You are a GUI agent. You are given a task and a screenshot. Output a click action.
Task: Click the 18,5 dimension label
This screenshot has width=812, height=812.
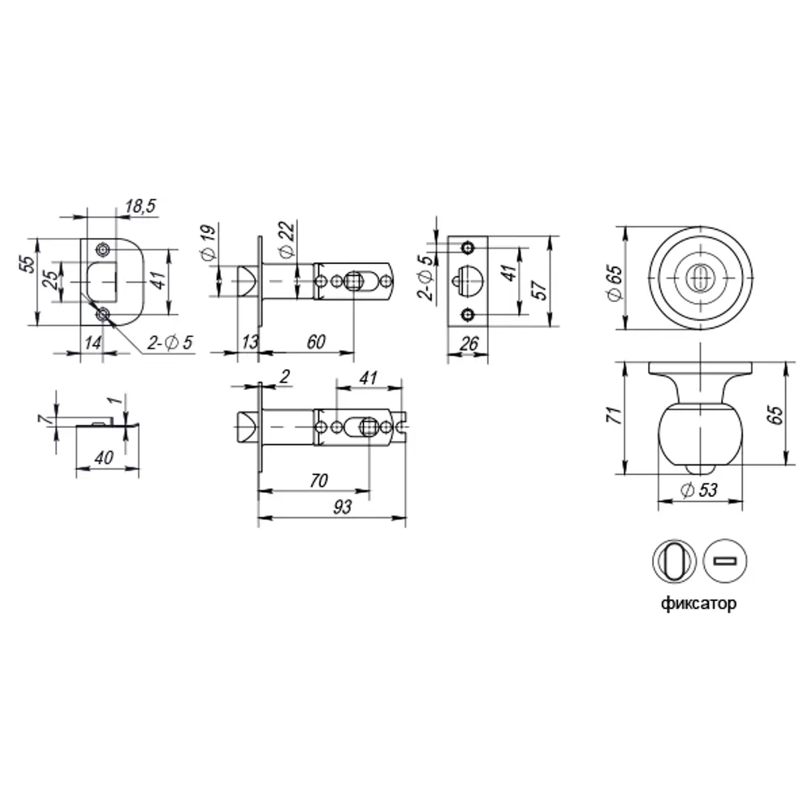click(140, 208)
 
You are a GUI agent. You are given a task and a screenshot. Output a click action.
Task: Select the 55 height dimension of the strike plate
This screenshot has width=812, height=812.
click(28, 266)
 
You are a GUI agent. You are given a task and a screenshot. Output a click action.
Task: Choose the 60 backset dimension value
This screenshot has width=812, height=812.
click(317, 342)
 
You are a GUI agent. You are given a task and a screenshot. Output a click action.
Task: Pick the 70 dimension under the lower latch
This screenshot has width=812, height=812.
click(318, 481)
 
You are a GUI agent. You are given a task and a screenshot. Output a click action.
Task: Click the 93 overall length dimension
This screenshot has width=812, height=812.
click(342, 508)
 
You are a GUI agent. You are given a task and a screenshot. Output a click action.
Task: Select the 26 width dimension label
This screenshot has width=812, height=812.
click(468, 343)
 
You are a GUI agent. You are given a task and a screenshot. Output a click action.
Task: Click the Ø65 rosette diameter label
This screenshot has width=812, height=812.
click(615, 283)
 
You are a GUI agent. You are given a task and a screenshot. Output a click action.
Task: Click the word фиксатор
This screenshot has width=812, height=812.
click(699, 605)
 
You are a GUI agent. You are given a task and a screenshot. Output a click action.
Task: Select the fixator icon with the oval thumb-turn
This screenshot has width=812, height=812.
click(674, 561)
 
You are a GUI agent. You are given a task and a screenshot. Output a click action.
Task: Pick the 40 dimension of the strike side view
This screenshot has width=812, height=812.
click(103, 457)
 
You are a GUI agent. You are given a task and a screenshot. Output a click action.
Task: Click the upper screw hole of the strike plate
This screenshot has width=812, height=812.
click(102, 248)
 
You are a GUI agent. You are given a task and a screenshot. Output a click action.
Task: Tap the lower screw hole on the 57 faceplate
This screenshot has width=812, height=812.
click(467, 314)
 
